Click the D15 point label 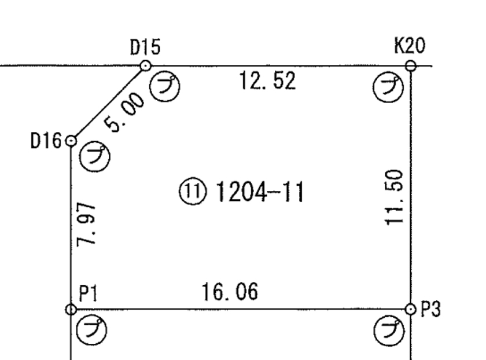click(145, 47)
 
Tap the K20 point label click(410, 46)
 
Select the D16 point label click(46, 141)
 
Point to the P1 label click(89, 293)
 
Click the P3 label click(430, 309)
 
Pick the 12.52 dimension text click(268, 81)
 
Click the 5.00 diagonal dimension click(124, 112)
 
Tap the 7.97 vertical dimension click(86, 225)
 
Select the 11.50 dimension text click(394, 197)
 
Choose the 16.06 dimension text click(230, 292)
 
